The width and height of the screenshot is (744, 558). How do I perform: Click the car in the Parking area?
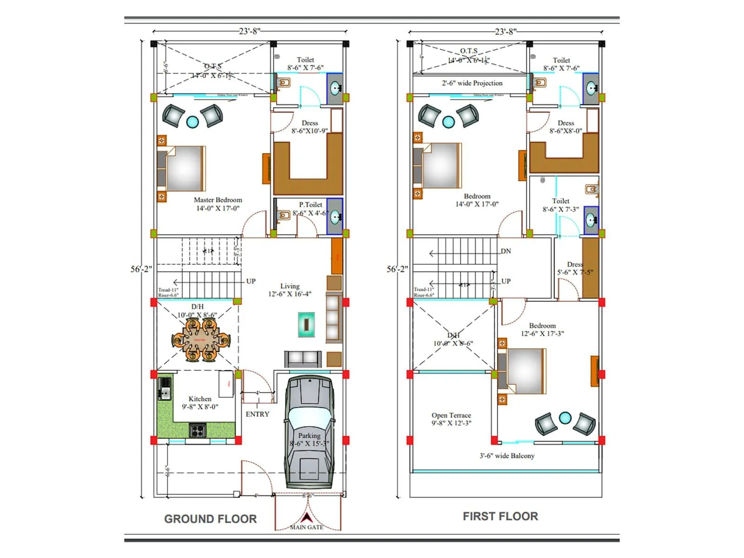tap(309, 432)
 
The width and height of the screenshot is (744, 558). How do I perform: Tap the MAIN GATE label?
tap(306, 527)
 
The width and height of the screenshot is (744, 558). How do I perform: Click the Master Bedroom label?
tap(218, 200)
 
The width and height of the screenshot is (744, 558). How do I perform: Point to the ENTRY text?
tap(257, 414)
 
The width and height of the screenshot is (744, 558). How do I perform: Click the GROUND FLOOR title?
tap(210, 519)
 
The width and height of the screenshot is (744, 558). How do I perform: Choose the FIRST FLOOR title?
tap(500, 516)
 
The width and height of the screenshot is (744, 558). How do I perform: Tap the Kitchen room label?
tap(200, 399)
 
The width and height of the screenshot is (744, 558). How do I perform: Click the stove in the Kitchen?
tap(197, 430)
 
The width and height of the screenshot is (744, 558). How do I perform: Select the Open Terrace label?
tap(451, 415)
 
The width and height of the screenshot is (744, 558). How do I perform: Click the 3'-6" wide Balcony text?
tap(507, 456)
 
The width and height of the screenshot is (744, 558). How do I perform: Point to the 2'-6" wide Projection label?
tap(472, 83)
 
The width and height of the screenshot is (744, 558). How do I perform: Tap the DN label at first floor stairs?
tap(506, 251)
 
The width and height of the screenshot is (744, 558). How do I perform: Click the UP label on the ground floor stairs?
tap(251, 281)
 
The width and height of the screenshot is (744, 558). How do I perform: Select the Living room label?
tap(290, 286)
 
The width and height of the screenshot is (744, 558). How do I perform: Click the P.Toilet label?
tap(311, 205)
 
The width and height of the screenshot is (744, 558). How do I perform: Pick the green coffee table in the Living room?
tap(306, 324)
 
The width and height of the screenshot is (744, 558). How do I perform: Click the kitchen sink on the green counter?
tap(165, 389)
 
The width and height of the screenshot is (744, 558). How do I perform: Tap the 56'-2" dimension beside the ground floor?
tap(141, 269)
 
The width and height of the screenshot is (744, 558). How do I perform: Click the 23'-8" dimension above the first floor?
tap(505, 32)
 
